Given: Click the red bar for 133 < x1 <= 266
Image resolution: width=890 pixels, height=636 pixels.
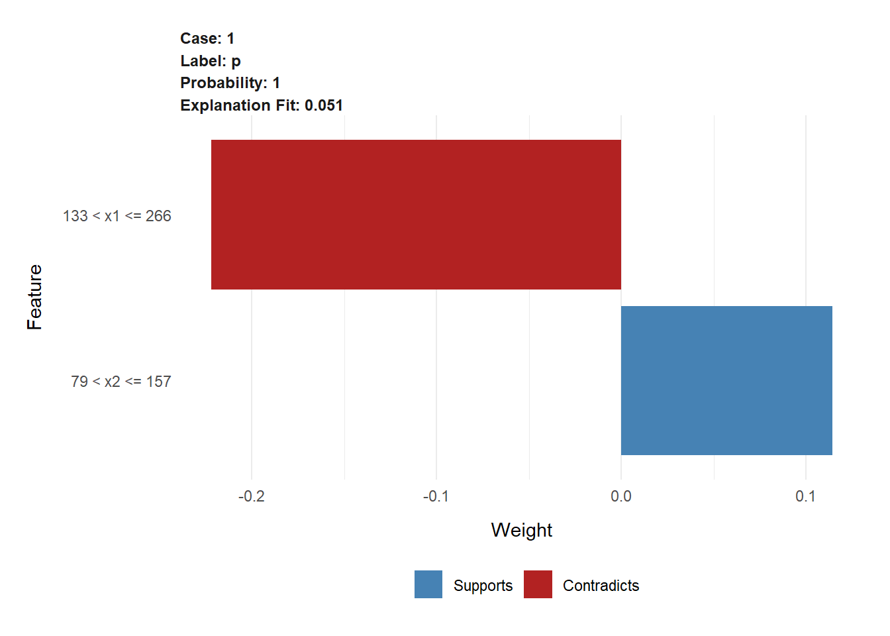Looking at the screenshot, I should [416, 215].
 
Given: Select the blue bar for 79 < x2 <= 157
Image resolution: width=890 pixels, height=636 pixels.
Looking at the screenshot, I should [726, 380].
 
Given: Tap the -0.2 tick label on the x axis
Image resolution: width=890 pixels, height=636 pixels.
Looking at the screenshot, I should [251, 496].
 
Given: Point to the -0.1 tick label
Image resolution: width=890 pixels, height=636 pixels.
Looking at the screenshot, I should [436, 496].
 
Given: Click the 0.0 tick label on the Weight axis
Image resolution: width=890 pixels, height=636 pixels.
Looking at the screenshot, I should [621, 496].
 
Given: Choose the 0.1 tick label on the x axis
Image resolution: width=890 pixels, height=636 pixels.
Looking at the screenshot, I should [805, 496].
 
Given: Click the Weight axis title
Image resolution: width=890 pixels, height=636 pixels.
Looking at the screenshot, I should [521, 530].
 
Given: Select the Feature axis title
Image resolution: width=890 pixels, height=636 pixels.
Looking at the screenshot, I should [34, 297].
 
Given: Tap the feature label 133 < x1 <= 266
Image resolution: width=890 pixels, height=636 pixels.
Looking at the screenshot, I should [117, 216].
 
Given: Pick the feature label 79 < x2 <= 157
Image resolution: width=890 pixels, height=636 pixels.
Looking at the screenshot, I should [121, 382].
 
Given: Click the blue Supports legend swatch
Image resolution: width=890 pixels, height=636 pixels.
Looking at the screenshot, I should [428, 584].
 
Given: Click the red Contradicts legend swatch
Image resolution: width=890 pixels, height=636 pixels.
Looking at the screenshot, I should [538, 584].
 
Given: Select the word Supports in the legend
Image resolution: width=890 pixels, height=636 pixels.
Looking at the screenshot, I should [483, 586].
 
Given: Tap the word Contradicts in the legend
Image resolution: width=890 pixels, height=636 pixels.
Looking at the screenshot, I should [601, 586].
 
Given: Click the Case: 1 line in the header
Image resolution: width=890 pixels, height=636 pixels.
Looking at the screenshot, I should [207, 38].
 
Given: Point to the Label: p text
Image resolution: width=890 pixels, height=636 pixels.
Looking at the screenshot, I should [211, 61].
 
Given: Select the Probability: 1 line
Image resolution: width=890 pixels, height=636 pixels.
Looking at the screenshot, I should [230, 83].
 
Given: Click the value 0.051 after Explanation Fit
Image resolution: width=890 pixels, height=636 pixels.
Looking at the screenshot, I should [324, 105].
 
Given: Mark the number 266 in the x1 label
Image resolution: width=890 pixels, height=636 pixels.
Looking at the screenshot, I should [158, 216].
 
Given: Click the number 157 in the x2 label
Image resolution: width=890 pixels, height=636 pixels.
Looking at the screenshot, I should [159, 382].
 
